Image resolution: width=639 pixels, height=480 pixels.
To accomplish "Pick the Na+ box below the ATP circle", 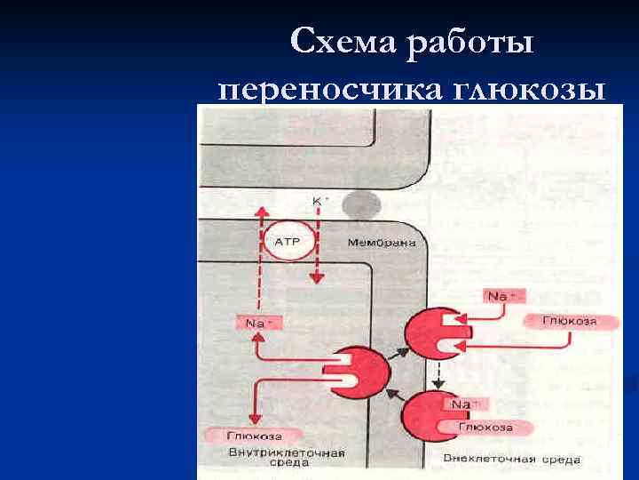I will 256,324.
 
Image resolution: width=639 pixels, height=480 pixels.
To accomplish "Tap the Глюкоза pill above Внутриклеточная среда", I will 255,436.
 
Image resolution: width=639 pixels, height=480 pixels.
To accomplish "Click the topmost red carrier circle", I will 433,334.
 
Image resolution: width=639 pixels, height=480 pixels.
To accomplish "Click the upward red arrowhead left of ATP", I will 260,212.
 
